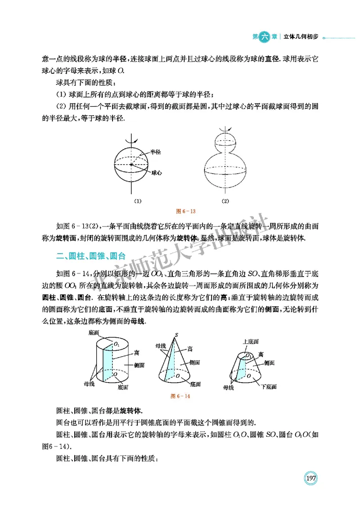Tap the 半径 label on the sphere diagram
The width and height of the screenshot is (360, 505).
pyautogui.click(x=156, y=152)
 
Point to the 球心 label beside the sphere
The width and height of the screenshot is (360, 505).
pyautogui.click(x=157, y=173)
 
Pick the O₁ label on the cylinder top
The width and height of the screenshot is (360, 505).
pyautogui.click(x=117, y=344)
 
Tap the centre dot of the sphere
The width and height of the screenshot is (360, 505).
pyautogui.click(x=131, y=165)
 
